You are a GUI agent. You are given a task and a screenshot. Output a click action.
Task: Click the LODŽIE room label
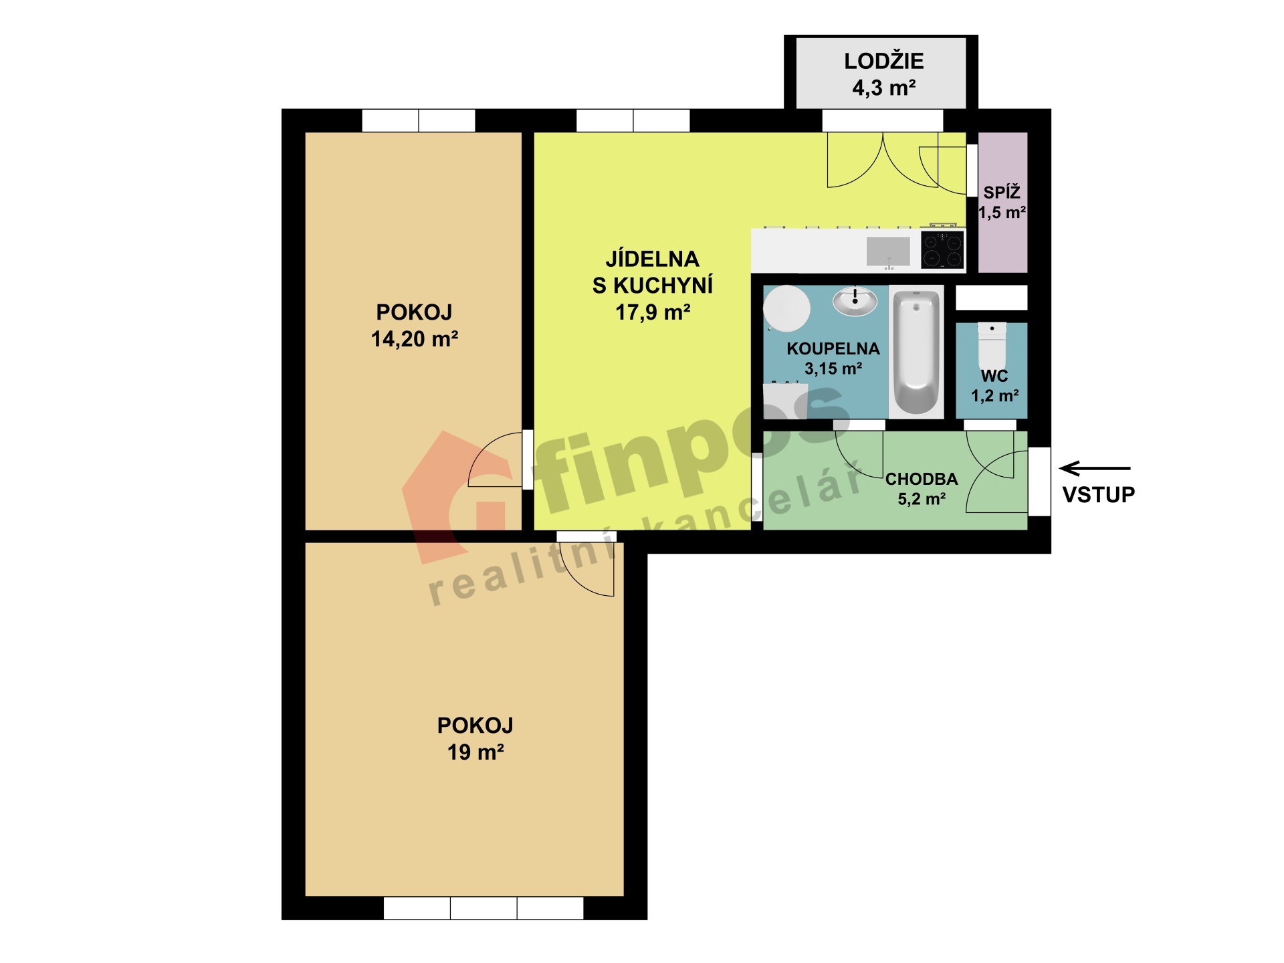883,62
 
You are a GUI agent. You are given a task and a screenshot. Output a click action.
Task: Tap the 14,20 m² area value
415,339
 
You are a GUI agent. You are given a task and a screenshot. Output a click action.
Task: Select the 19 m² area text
475,752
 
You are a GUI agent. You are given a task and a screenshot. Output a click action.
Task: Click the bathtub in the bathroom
916,352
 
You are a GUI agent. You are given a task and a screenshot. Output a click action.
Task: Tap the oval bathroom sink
855,302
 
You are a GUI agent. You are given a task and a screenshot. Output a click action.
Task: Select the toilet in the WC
992,344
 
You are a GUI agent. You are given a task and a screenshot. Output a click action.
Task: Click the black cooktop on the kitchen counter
942,249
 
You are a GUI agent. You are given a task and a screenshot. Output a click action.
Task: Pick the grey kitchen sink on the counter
888,251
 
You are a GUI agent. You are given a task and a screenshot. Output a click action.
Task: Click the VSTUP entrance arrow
1095,468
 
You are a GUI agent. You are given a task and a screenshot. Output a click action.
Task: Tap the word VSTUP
1099,495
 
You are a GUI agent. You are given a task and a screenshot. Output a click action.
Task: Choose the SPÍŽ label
1002,193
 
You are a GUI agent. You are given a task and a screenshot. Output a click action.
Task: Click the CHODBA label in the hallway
922,479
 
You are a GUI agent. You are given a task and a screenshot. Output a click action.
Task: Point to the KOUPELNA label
833,348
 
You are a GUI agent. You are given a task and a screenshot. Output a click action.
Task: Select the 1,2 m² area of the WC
995,396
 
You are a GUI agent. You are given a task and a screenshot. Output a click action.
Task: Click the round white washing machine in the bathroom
787,308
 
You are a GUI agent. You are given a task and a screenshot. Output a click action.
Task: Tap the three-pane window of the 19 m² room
484,908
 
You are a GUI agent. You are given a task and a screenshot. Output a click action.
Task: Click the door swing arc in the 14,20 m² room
492,461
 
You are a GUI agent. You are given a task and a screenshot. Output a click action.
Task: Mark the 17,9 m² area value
653,312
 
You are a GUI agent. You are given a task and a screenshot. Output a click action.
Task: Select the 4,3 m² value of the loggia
883,88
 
